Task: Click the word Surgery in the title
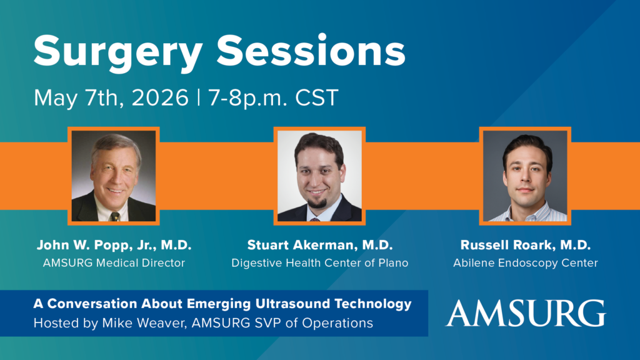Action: click(x=118, y=52)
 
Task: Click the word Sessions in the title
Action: click(x=311, y=50)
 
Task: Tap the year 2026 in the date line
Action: click(x=160, y=98)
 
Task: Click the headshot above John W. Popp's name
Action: click(x=114, y=176)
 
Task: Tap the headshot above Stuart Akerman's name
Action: click(x=319, y=176)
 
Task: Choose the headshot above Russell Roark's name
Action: click(x=525, y=176)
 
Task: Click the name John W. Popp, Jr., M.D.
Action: click(x=114, y=245)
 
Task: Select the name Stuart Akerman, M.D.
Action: click(x=320, y=245)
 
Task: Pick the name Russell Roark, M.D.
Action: click(x=526, y=245)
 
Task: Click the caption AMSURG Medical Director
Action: click(x=114, y=263)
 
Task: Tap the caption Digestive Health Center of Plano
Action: click(x=320, y=263)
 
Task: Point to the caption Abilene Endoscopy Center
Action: click(x=526, y=263)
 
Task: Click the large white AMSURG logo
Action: click(x=526, y=314)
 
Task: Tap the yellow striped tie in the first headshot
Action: click(x=116, y=216)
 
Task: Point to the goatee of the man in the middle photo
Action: click(x=317, y=202)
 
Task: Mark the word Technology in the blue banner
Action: click(x=373, y=304)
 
